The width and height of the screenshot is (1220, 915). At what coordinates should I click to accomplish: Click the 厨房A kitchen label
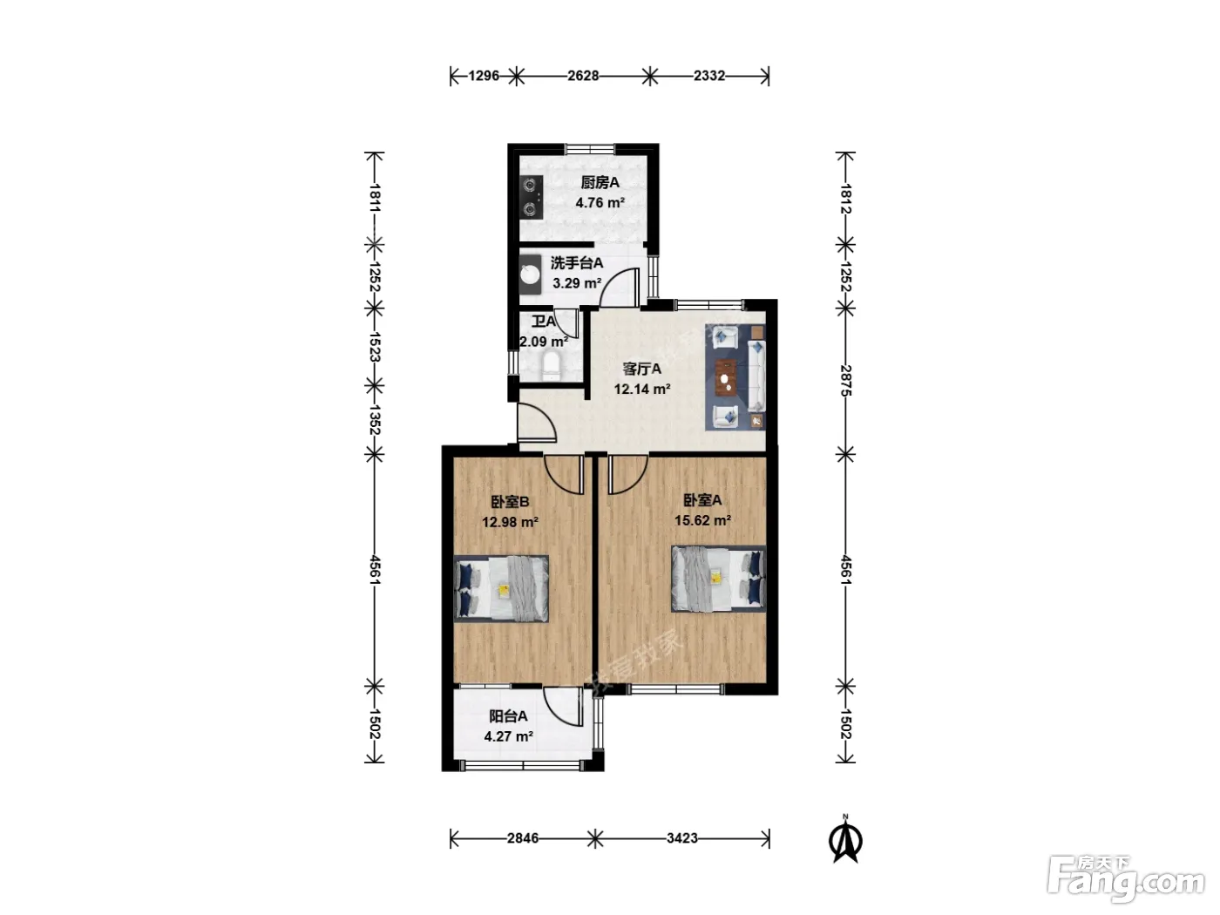click(600, 182)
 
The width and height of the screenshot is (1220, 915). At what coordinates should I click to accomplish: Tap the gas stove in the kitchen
click(532, 197)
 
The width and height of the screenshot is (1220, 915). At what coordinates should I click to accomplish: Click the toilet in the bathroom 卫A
click(552, 366)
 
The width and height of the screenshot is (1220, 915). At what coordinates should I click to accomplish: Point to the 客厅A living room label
click(642, 369)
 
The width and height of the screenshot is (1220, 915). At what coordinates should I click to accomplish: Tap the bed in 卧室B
click(501, 588)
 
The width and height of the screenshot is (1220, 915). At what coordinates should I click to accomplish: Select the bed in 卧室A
click(719, 579)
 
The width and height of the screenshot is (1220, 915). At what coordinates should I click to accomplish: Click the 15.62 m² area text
click(702, 520)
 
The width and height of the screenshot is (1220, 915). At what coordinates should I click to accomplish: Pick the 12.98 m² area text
click(510, 522)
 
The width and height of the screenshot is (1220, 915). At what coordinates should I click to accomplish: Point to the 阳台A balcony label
click(508, 716)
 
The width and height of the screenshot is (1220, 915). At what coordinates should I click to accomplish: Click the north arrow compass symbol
click(845, 841)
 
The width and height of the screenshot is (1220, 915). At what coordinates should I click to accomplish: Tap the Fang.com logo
click(1126, 879)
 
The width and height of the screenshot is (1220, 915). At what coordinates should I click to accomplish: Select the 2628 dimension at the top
click(583, 76)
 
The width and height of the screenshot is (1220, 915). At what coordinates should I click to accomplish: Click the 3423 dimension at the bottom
click(682, 837)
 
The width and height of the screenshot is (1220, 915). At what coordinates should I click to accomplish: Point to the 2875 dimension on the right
click(846, 381)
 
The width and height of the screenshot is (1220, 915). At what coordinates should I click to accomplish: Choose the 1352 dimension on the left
click(374, 420)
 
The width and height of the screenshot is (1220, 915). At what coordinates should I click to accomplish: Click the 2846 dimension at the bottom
click(523, 837)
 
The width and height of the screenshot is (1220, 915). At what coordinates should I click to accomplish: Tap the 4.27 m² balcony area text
click(509, 736)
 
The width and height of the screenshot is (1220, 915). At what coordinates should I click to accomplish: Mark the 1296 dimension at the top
click(484, 76)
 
